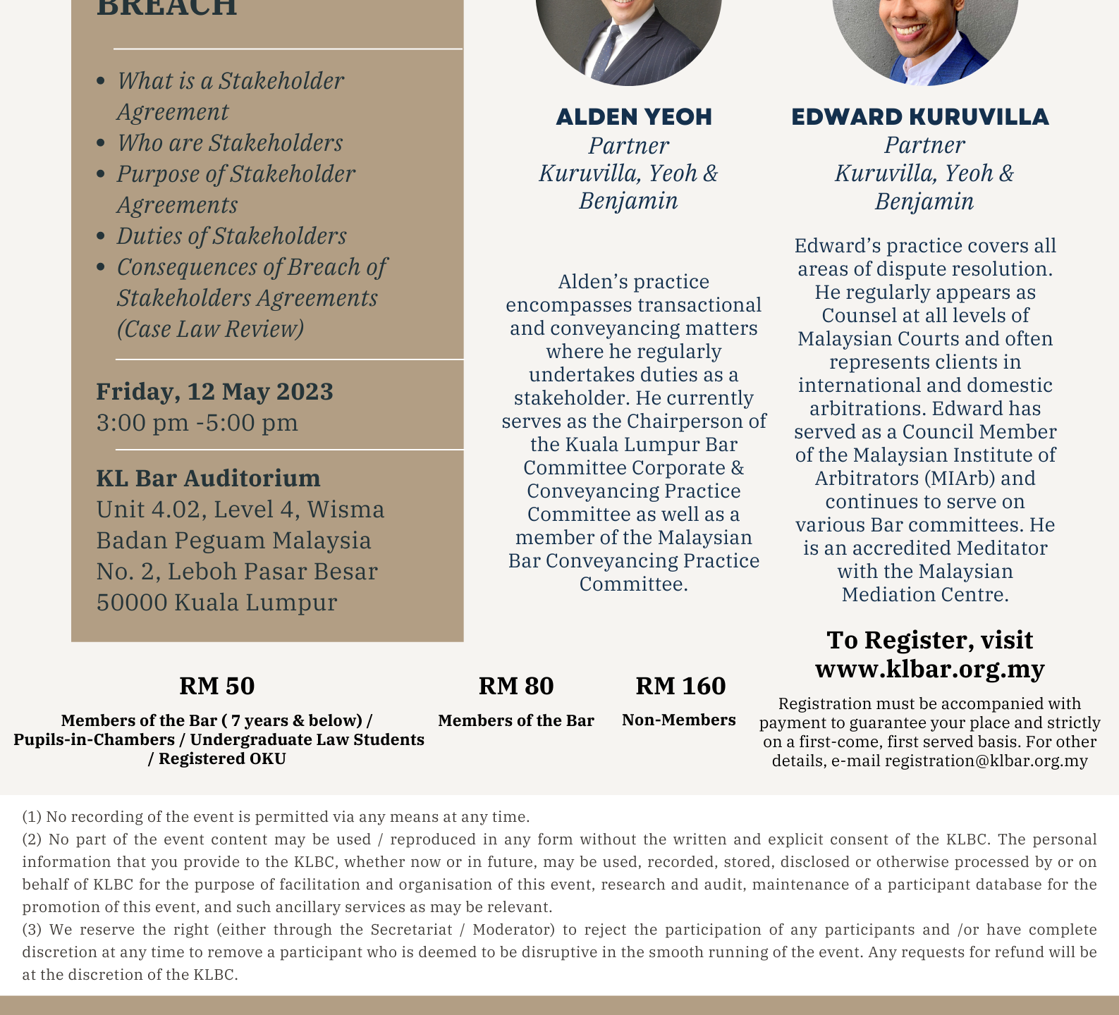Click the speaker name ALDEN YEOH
click(634, 117)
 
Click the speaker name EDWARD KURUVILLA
click(920, 117)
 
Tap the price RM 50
click(217, 686)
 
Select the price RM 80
click(516, 686)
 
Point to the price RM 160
click(680, 686)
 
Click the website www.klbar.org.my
click(929, 668)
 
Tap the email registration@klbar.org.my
click(986, 761)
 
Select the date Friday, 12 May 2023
click(214, 391)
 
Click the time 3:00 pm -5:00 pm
click(197, 423)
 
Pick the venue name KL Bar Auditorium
click(208, 478)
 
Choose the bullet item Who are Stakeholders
click(230, 143)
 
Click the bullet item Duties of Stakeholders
click(231, 236)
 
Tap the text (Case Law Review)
click(210, 329)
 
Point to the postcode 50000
click(132, 603)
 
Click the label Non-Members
click(678, 720)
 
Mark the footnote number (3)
click(32, 930)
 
